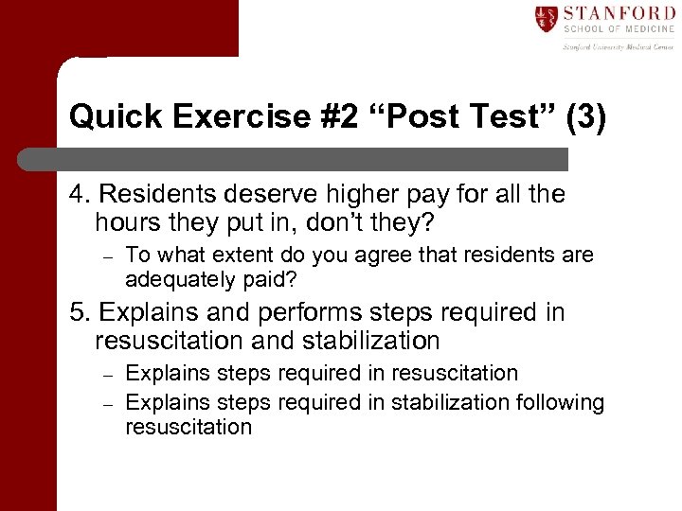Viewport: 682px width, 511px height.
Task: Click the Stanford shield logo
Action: coord(546,19)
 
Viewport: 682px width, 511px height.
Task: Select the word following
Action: coord(559,402)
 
